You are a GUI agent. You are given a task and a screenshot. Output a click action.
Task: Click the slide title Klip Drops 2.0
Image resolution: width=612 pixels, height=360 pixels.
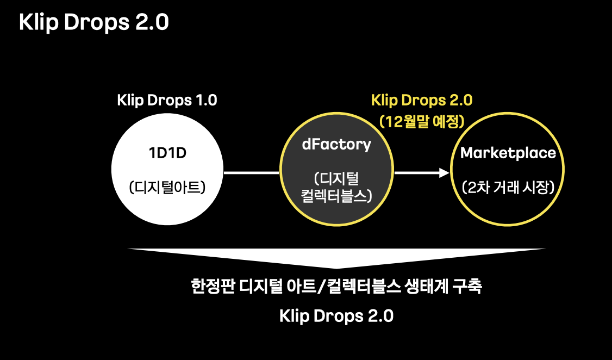94,23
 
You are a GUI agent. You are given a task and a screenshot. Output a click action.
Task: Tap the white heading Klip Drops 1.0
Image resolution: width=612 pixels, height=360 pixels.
167,101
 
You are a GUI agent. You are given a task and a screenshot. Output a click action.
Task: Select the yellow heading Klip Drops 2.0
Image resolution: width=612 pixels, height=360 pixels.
422,101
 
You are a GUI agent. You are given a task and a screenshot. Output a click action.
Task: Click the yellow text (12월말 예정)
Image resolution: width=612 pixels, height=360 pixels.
422,120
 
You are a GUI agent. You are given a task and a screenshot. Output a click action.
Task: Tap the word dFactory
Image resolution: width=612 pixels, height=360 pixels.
337,145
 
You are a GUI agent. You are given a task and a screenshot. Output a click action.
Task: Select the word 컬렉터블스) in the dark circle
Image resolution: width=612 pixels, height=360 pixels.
337,195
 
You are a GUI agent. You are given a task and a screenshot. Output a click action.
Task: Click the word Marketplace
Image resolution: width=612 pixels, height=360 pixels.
508,153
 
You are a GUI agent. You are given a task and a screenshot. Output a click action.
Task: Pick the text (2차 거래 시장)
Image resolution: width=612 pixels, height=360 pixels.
508,187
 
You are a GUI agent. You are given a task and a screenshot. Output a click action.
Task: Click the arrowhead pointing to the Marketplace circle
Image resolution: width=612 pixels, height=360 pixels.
445,173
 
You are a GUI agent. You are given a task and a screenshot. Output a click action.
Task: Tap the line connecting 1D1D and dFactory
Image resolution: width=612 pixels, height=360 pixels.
251,173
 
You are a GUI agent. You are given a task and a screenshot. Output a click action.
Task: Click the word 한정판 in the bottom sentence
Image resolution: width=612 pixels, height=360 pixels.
209,287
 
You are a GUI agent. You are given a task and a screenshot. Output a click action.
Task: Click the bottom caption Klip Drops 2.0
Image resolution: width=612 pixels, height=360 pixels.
336,316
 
